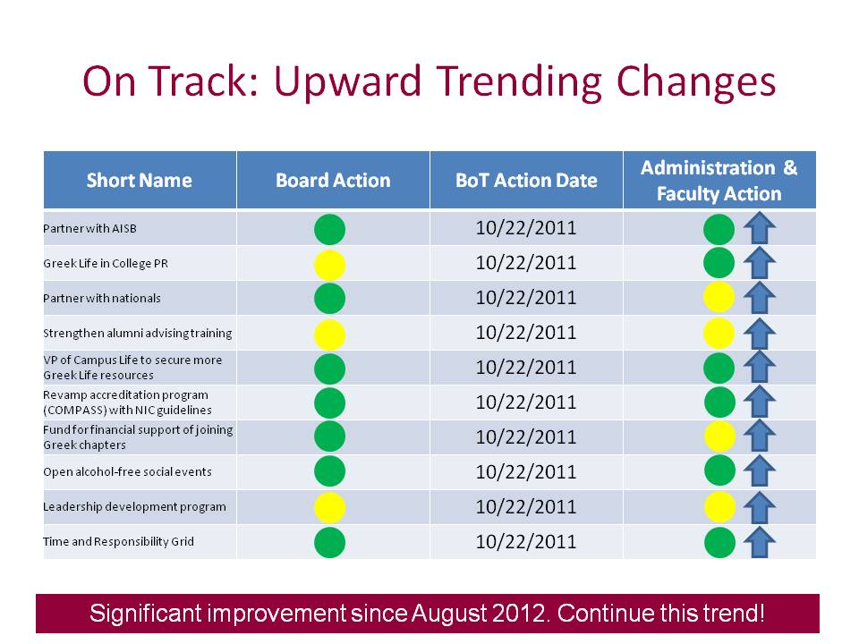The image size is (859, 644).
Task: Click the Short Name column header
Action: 140,180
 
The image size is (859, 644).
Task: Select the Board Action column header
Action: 333,180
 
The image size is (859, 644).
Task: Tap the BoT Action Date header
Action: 526,180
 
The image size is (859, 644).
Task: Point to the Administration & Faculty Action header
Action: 719,180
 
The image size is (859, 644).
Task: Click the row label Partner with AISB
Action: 89,228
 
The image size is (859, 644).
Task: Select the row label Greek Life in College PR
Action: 106,263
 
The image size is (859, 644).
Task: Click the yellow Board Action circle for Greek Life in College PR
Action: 330,265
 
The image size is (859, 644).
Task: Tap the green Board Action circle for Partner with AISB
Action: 330,230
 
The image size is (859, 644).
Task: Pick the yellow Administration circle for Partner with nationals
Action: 719,297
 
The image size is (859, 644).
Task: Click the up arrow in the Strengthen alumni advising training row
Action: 760,334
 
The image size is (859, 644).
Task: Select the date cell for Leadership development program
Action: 526,506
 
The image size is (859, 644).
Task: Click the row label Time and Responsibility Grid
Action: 118,542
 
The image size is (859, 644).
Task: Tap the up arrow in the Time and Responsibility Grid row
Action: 760,543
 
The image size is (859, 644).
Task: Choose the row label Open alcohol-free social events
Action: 127,471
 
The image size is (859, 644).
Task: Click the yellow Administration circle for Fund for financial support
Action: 719,436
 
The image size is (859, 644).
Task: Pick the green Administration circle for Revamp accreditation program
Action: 719,402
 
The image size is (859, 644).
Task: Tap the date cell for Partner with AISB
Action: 526,228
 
